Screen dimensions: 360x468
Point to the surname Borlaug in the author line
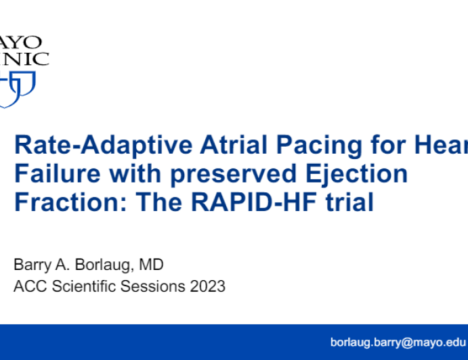coord(93,265)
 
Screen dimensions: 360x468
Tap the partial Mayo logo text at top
coord(24,49)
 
